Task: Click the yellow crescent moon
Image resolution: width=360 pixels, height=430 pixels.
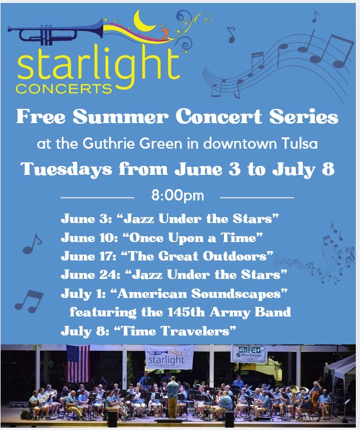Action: point(143,23)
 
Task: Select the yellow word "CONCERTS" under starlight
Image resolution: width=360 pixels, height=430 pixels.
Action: point(64,89)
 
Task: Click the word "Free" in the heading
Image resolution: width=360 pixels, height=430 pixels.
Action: point(41,117)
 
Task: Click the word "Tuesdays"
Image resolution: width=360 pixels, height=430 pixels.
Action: point(67,169)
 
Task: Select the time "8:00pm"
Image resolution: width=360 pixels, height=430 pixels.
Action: point(178,196)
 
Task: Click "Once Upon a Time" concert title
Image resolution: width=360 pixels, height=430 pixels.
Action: point(192,238)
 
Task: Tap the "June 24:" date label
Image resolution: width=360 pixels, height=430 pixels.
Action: point(90,275)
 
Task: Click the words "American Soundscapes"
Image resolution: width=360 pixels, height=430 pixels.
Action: point(202,293)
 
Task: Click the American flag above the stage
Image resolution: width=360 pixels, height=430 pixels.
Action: point(78,363)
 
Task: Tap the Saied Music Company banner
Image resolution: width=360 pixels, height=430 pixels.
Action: point(249,354)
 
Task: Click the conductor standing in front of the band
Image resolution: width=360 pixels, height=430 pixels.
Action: point(173,397)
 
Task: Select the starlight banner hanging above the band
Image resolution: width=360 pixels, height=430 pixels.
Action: point(169,357)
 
